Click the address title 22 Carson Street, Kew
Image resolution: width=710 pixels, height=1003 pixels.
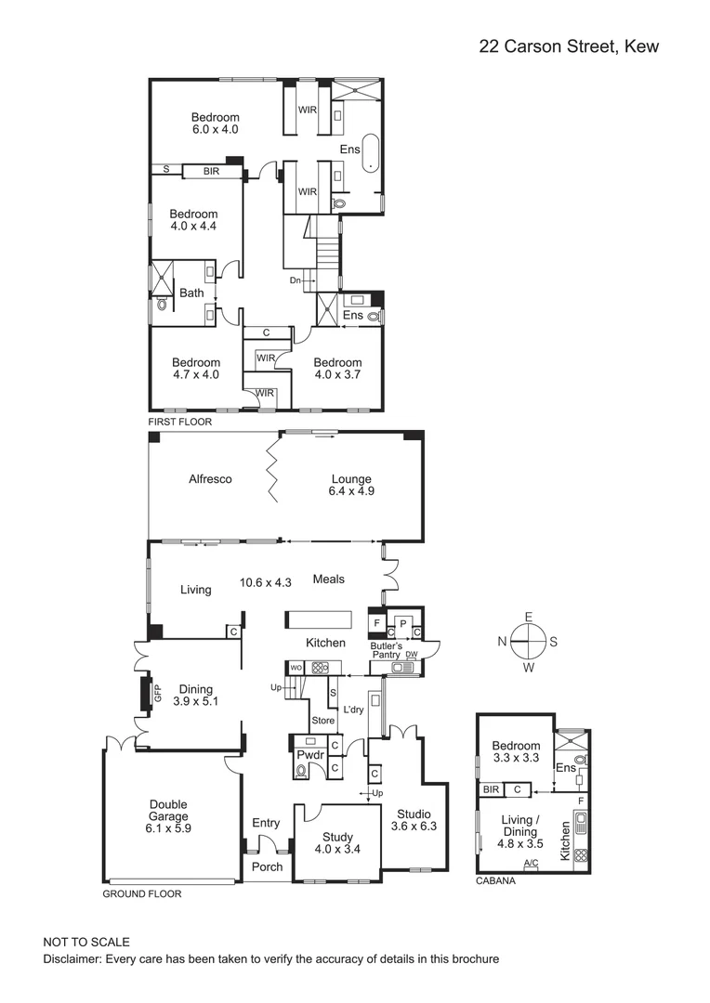click(x=568, y=46)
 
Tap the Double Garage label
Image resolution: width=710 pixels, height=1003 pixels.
click(x=168, y=815)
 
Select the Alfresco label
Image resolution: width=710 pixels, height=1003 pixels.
click(x=210, y=479)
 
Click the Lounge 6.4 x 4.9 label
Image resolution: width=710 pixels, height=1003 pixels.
click(x=351, y=485)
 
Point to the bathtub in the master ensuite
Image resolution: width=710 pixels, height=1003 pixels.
click(x=370, y=154)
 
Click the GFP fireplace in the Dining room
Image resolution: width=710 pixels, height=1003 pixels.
click(x=146, y=692)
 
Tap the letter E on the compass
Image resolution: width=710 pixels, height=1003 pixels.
click(x=528, y=617)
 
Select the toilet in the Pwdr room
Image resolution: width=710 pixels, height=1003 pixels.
click(x=302, y=770)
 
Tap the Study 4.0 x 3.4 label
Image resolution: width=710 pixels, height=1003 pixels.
click(x=337, y=842)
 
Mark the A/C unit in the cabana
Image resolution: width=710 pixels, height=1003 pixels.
click(x=531, y=864)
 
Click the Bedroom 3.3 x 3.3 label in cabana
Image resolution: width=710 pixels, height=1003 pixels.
click(x=516, y=751)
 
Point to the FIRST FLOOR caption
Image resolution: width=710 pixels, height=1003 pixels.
click(x=180, y=422)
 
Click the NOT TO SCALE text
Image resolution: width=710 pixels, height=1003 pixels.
click(x=86, y=942)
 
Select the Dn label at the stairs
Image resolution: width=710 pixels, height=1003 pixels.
click(x=296, y=280)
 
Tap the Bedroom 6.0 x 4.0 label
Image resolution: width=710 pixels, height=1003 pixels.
click(x=216, y=124)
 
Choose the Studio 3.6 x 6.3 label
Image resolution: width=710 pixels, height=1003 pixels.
click(x=413, y=820)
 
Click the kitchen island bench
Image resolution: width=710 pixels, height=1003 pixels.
click(x=318, y=619)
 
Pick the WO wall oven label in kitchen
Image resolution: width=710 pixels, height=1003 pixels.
click(x=296, y=667)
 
